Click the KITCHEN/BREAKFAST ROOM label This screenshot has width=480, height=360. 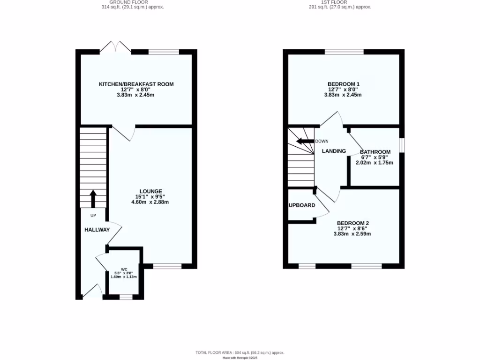(x=136, y=84)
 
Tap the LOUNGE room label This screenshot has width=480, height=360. (x=150, y=191)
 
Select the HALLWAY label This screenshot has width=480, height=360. (x=97, y=230)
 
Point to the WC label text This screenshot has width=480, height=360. (x=124, y=270)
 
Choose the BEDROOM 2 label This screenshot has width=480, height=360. (x=352, y=223)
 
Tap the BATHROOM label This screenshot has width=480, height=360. (x=375, y=152)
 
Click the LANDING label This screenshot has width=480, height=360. (x=334, y=151)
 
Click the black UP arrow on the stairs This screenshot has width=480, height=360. (x=93, y=198)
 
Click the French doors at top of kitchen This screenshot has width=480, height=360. (x=116, y=47)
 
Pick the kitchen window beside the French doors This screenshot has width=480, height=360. (x=164, y=52)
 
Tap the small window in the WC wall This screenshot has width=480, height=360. (x=126, y=297)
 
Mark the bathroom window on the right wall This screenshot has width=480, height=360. (x=402, y=144)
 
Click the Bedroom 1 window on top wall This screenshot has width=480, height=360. (x=344, y=52)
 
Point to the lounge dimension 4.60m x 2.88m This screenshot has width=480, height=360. (x=150, y=202)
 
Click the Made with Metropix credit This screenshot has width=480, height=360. (x=240, y=358)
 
